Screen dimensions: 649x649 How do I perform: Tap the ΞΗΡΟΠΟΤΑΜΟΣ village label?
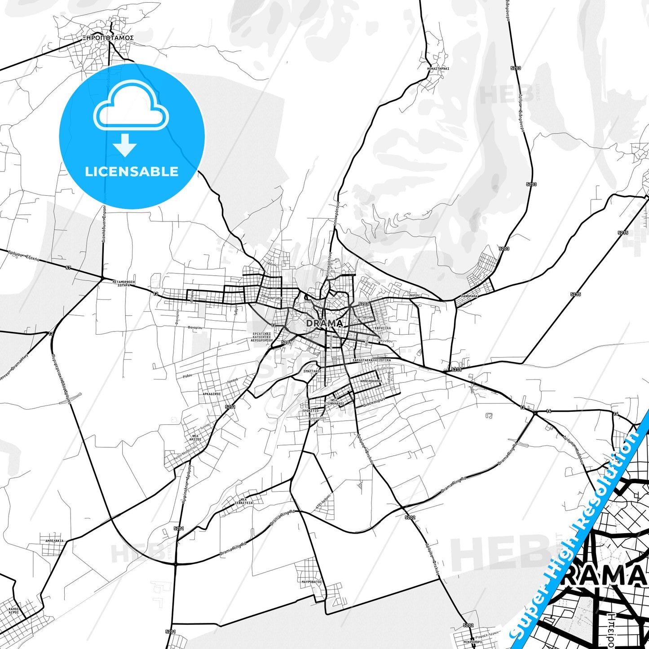(108, 38)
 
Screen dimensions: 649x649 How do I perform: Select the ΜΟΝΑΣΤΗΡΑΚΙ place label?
(438, 69)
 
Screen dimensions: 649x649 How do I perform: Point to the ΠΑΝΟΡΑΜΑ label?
(469, 296)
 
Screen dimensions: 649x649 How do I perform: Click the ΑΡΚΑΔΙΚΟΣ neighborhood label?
(212, 393)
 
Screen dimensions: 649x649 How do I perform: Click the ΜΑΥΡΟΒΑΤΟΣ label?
(312, 582)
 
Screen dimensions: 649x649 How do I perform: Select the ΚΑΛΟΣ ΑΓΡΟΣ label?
(13, 610)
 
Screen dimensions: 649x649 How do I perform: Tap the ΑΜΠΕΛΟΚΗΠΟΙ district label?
(368, 380)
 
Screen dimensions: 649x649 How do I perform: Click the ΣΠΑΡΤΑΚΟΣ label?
(312, 371)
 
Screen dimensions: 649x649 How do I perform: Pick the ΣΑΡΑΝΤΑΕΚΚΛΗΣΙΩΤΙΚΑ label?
(371, 360)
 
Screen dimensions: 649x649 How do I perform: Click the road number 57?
(68, 268)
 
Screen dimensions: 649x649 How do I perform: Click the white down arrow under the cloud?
(125, 146)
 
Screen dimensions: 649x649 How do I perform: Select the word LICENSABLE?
(132, 171)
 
